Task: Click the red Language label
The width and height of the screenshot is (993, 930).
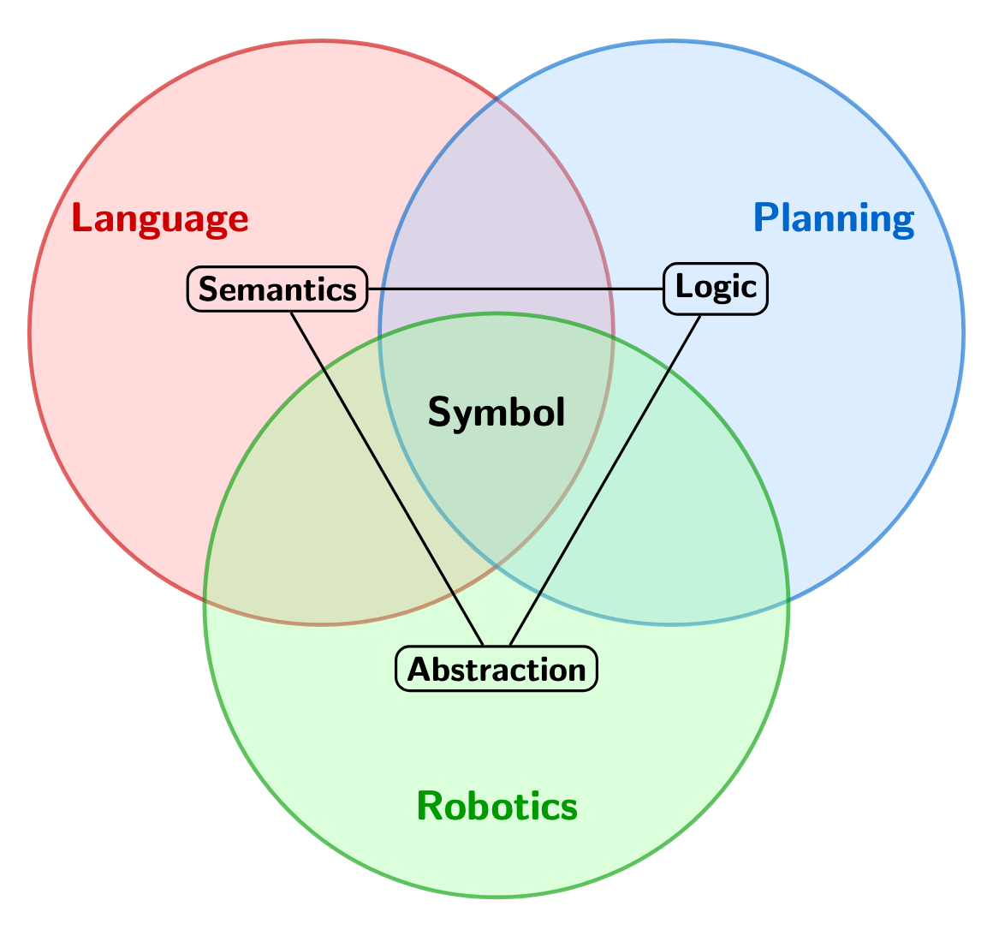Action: click(x=160, y=219)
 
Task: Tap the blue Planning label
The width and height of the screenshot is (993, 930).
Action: click(x=834, y=219)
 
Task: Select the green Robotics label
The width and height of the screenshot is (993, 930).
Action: click(x=496, y=806)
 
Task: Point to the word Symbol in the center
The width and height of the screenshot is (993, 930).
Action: click(x=496, y=414)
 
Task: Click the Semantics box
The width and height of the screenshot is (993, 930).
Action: click(x=277, y=289)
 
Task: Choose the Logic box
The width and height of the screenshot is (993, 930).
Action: click(x=716, y=287)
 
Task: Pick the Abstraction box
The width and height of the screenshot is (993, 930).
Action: click(x=496, y=669)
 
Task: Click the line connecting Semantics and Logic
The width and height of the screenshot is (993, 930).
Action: click(x=514, y=289)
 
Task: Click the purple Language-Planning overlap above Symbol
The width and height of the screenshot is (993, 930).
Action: click(x=496, y=223)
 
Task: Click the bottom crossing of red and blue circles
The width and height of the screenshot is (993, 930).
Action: click(x=496, y=572)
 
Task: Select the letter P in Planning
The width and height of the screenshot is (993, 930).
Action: click(x=764, y=219)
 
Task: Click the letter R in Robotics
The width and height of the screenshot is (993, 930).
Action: click(x=428, y=806)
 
